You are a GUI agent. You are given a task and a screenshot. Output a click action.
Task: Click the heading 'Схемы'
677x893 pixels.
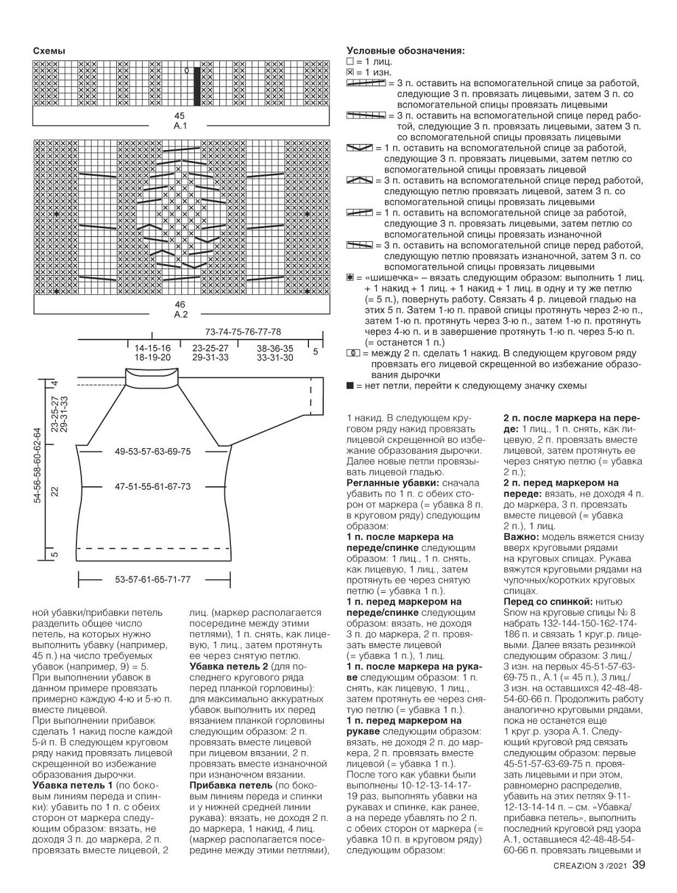pyautogui.click(x=49, y=51)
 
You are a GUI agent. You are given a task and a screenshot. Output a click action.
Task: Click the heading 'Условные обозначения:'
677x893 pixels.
pyautogui.click(x=405, y=50)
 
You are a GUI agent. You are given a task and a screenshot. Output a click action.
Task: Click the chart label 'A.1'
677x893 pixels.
pyautogui.click(x=180, y=126)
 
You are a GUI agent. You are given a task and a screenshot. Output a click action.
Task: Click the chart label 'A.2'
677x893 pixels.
pyautogui.click(x=180, y=314)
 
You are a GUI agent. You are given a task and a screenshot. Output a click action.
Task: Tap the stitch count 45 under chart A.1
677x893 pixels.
pyautogui.click(x=180, y=116)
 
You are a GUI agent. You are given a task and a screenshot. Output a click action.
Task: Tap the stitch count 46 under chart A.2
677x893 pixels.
pyautogui.click(x=180, y=305)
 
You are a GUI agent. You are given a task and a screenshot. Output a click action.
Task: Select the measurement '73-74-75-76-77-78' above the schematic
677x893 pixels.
pyautogui.click(x=242, y=332)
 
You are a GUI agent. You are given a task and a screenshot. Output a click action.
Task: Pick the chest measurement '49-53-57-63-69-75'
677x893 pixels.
pyautogui.click(x=153, y=452)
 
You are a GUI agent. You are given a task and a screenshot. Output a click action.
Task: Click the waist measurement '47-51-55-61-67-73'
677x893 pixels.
pyautogui.click(x=153, y=486)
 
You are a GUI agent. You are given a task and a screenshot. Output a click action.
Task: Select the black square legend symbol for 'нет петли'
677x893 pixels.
pyautogui.click(x=350, y=386)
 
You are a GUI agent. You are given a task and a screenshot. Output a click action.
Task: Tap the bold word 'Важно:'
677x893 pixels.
pyautogui.click(x=520, y=536)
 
